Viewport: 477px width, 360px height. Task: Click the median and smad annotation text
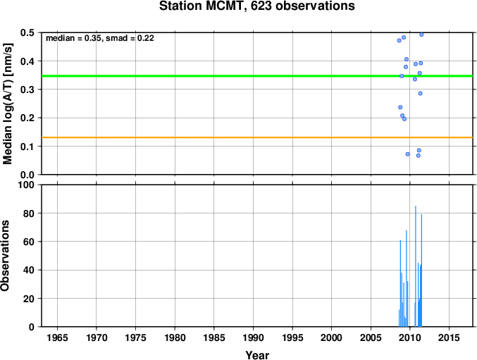100,38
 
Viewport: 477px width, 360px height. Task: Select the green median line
257,75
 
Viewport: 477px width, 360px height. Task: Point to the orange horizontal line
257,137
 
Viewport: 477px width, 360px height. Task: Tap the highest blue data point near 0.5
421,35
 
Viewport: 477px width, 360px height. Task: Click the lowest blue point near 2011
419,156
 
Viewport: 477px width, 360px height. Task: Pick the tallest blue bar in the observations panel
416,266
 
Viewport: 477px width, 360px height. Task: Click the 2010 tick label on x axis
410,337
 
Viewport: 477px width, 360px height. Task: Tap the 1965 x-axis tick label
57,337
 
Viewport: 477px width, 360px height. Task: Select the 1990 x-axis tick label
253,337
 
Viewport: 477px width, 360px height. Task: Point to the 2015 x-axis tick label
449,337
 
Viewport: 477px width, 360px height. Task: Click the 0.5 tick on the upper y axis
27,32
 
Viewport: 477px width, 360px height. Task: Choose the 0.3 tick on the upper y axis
27,89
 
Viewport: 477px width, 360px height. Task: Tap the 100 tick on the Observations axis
26,185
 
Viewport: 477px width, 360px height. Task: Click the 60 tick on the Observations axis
29,242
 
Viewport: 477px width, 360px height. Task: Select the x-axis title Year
257,355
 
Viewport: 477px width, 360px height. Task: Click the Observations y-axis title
5,256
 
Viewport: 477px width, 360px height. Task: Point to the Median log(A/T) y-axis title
8,104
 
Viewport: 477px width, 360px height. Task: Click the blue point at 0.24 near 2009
400,107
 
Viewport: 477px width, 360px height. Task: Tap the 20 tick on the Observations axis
29,299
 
